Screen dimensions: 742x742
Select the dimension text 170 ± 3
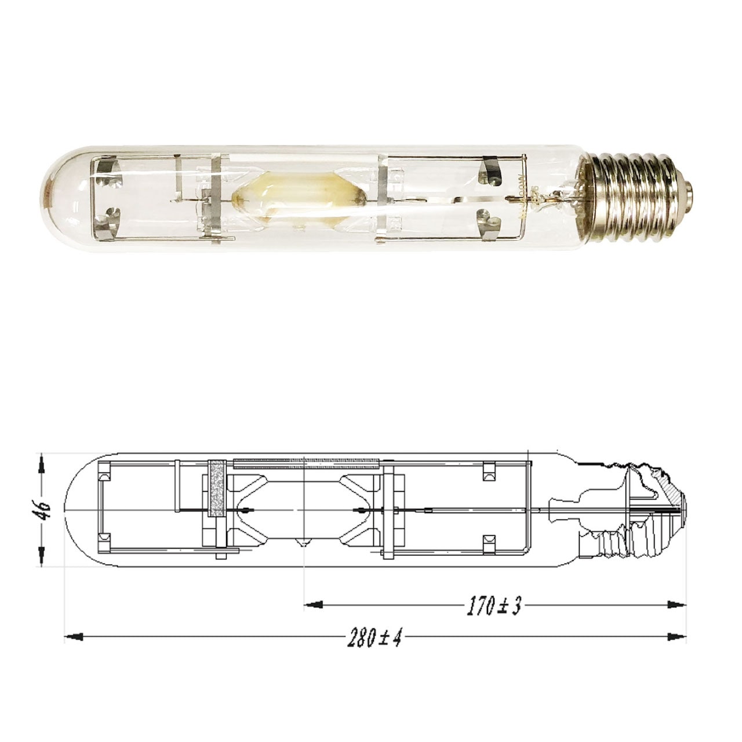(x=495, y=606)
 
